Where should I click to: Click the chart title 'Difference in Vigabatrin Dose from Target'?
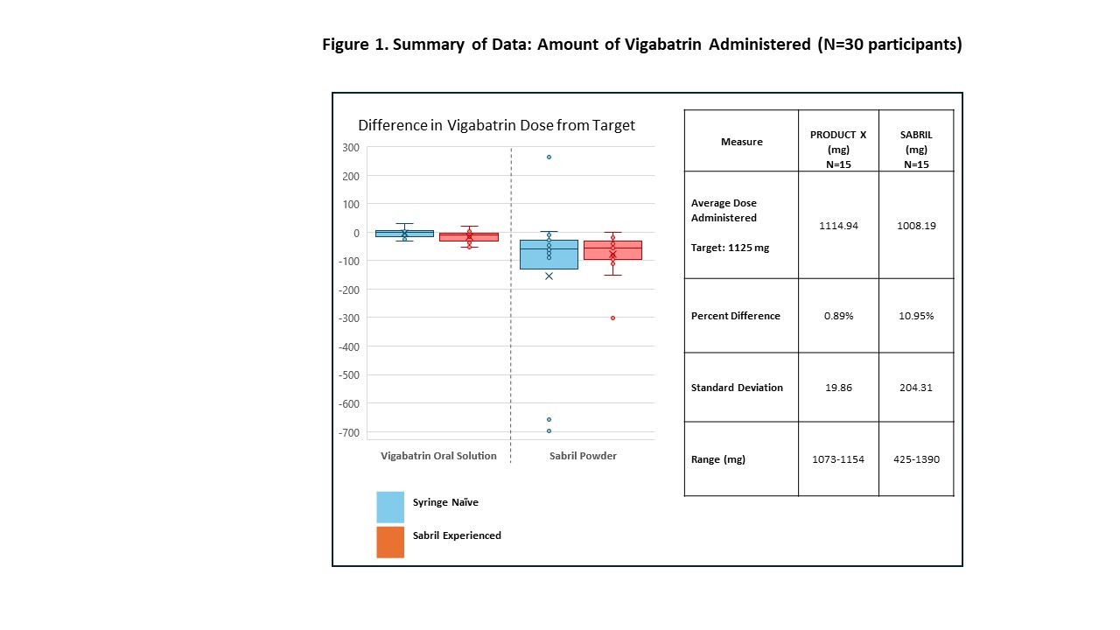tap(496, 125)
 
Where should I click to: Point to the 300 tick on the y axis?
tap(350, 147)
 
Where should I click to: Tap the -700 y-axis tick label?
tap(347, 432)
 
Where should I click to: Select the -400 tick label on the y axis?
tap(347, 346)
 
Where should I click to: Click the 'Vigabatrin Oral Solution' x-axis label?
tap(438, 456)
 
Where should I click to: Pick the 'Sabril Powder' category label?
tap(583, 456)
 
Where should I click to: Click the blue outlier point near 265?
tap(549, 157)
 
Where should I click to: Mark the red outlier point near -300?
tap(612, 318)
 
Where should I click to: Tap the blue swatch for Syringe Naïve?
tap(390, 507)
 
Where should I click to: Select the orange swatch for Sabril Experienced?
tap(390, 542)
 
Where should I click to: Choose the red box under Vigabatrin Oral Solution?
tap(469, 237)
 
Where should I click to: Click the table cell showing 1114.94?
tap(838, 226)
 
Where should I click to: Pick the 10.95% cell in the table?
tap(916, 316)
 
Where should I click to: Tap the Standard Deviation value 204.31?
tap(916, 388)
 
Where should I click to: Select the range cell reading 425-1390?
tap(916, 459)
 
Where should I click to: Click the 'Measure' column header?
tap(741, 142)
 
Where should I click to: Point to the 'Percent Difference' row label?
tap(736, 316)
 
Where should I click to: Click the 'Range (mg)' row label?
tap(718, 459)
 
